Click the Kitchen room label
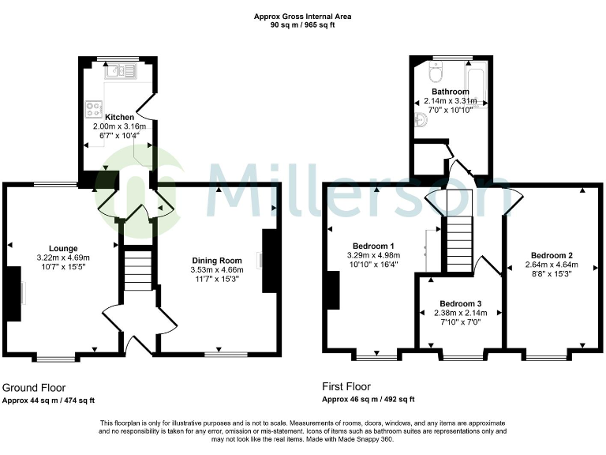(x=114, y=118)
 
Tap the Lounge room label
(x=63, y=247)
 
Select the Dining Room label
(x=217, y=261)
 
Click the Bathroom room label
(x=449, y=92)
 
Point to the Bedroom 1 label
(x=374, y=245)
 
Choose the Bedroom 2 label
(x=552, y=255)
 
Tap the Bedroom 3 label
(x=460, y=303)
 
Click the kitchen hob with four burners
(x=93, y=107)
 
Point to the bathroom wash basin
(x=421, y=120)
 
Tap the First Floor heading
(x=346, y=387)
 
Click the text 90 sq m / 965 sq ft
(x=302, y=24)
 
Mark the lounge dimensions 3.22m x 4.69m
(x=63, y=258)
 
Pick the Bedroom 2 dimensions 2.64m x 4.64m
(x=552, y=265)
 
